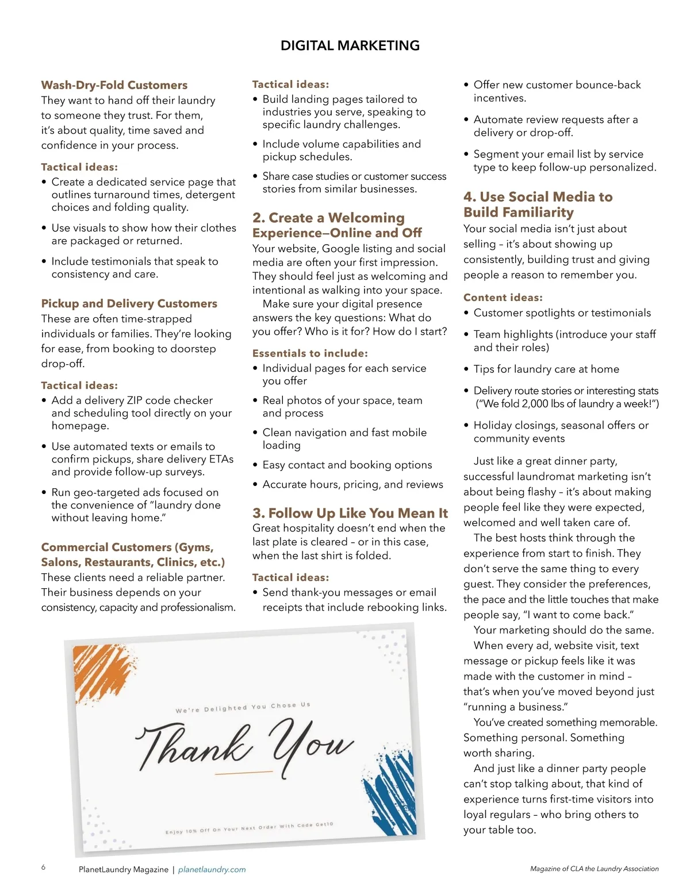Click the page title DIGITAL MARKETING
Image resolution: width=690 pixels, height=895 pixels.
point(350,45)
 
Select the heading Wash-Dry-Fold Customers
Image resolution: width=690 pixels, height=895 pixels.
point(114,85)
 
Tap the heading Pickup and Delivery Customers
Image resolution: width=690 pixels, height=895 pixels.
point(129,303)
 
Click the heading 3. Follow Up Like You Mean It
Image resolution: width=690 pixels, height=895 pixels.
point(350,513)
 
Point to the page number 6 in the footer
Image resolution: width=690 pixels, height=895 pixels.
point(43,867)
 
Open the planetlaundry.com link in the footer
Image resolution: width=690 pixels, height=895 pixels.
point(212,870)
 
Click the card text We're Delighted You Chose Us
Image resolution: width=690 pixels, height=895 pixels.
point(243,707)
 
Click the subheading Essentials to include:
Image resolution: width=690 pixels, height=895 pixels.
point(310,353)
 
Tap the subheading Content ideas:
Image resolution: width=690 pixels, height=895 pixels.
point(503,298)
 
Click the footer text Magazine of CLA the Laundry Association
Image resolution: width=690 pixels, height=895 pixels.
point(594,869)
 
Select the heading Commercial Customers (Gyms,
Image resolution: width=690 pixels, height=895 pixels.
point(127,547)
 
